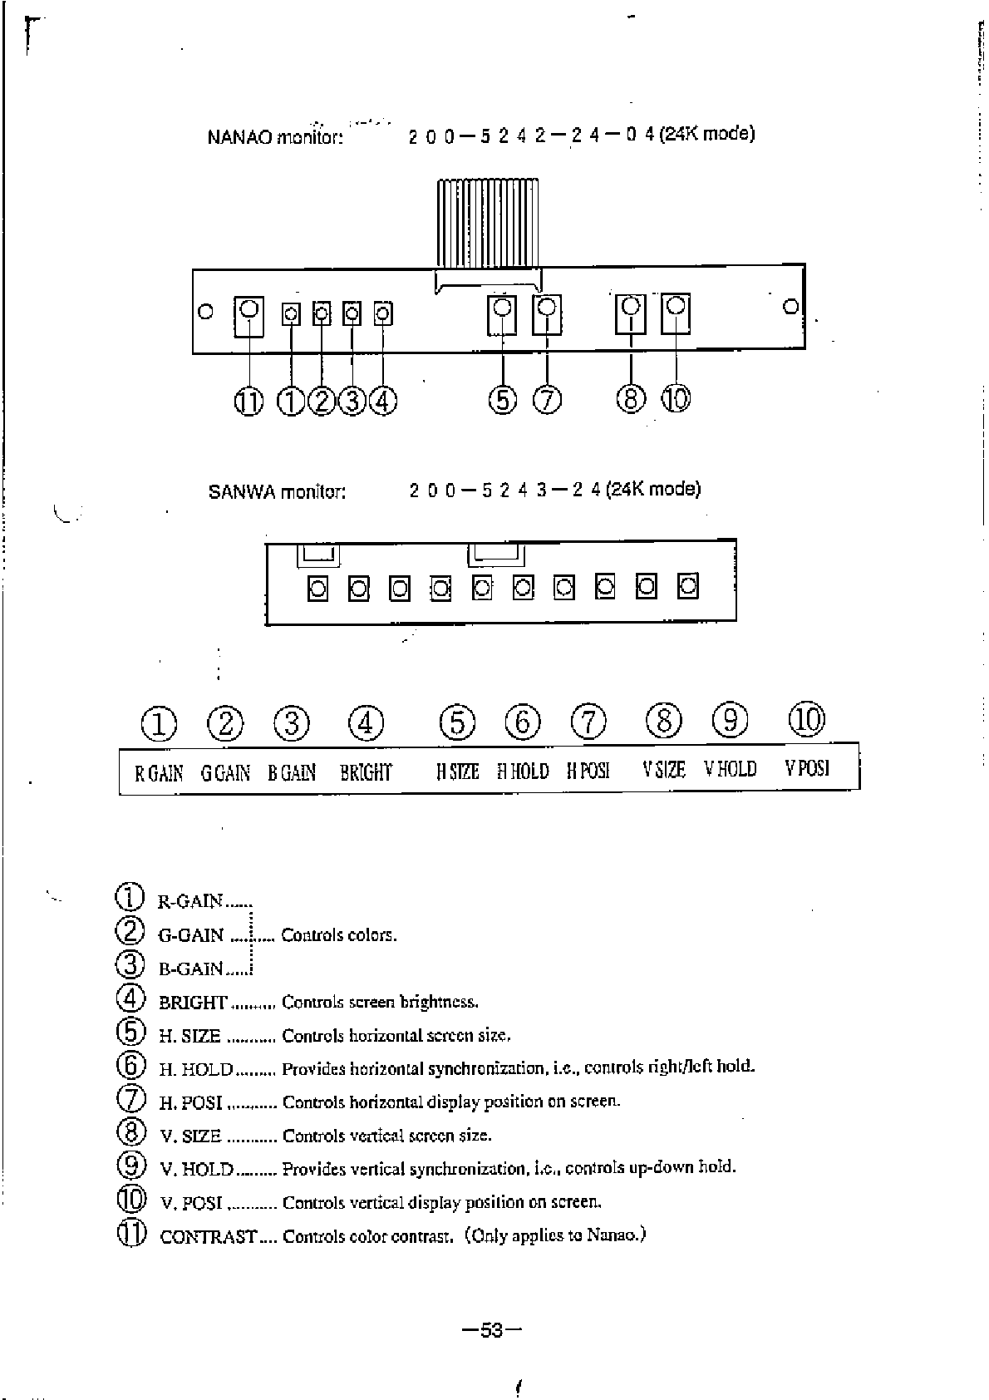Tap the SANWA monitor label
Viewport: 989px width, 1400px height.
pos(277,491)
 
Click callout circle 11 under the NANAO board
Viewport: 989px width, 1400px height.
pos(248,402)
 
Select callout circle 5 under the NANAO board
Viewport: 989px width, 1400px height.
pos(503,400)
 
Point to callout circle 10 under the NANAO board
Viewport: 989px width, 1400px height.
pos(676,400)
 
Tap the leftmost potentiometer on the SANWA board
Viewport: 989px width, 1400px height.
pos(317,589)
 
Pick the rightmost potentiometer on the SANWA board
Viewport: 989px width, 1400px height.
pos(687,587)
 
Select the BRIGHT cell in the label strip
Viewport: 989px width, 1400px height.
pos(366,772)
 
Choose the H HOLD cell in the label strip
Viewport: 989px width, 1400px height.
pos(523,771)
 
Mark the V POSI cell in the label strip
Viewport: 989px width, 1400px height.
pos(807,768)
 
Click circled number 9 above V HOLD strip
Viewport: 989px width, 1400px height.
pos(731,720)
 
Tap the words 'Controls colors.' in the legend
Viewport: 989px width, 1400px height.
pos(339,935)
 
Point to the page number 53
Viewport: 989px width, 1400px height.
pos(492,1330)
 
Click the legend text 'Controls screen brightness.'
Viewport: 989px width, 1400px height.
pos(380,1002)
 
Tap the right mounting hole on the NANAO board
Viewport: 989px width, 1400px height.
pos(791,307)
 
